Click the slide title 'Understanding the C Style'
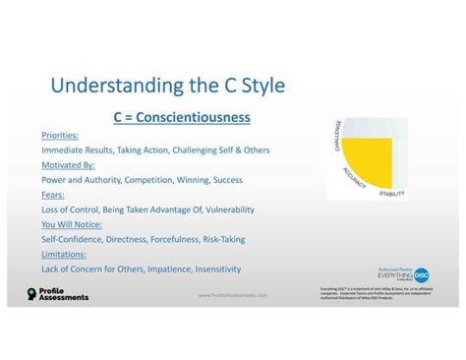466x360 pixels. click(x=167, y=86)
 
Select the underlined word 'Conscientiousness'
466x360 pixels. click(x=193, y=118)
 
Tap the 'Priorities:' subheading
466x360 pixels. click(x=61, y=135)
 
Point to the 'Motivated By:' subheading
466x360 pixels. click(x=67, y=165)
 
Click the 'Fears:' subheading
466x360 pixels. click(x=53, y=195)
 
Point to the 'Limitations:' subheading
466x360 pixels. click(x=62, y=254)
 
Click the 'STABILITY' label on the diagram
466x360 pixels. click(x=391, y=194)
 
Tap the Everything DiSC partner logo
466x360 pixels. click(x=403, y=274)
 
